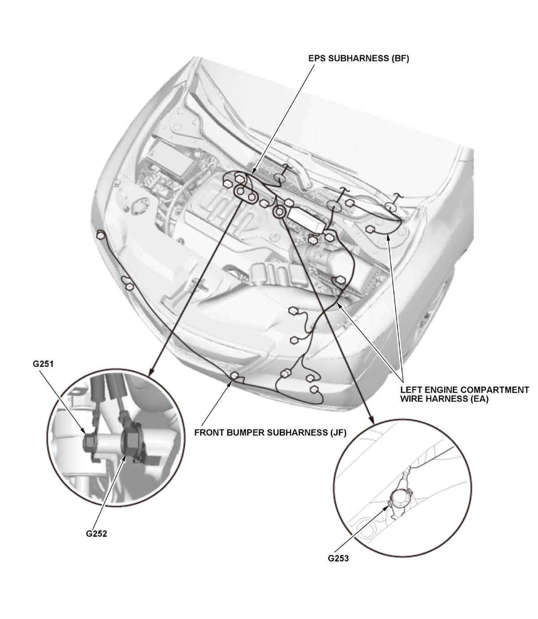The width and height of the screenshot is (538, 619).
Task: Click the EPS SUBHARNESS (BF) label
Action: (358, 59)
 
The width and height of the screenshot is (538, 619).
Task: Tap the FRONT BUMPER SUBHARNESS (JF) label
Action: (270, 433)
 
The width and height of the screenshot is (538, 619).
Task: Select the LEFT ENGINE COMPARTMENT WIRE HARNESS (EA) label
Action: (464, 394)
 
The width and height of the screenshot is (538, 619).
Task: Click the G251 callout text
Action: (43, 364)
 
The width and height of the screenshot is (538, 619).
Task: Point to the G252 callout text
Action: (96, 534)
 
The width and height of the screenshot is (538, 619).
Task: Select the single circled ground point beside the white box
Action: (279, 212)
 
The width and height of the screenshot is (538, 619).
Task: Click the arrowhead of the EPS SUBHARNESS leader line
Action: (253, 171)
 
